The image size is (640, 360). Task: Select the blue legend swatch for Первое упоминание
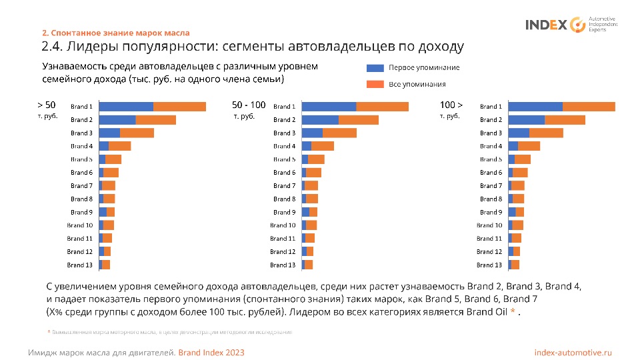(375, 67)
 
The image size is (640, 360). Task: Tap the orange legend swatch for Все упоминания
(375, 85)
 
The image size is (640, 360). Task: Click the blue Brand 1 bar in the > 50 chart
(126, 107)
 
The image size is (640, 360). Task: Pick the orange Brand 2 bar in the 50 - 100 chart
(359, 120)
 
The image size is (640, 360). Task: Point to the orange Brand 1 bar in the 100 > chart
(589, 107)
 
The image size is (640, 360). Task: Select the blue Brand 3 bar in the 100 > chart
(519, 133)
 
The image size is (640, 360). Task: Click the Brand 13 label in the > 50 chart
(80, 265)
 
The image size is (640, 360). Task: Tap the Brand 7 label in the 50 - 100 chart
(284, 186)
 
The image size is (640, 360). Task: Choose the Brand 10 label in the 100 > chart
(489, 225)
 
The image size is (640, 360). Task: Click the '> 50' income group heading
(46, 105)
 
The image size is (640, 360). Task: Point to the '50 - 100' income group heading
(249, 105)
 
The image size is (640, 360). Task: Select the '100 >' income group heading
(451, 105)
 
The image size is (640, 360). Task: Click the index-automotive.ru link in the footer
(573, 352)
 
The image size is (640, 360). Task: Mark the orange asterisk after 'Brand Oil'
(512, 312)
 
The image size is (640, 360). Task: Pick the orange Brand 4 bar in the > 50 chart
(120, 146)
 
